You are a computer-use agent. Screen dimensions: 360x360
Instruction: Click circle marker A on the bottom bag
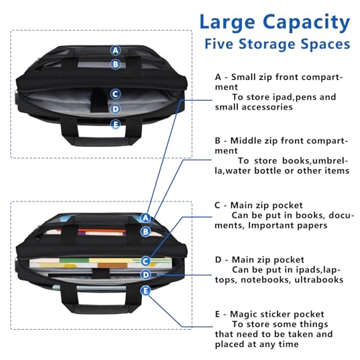(145, 217)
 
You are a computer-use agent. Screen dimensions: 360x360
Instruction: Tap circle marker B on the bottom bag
(145, 231)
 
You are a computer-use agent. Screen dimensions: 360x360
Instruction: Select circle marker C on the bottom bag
(145, 261)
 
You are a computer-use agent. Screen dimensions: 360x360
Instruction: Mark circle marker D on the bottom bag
(145, 274)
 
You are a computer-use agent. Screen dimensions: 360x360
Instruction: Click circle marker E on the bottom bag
(145, 290)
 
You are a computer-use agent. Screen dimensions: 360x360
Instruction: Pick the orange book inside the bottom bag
(101, 231)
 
